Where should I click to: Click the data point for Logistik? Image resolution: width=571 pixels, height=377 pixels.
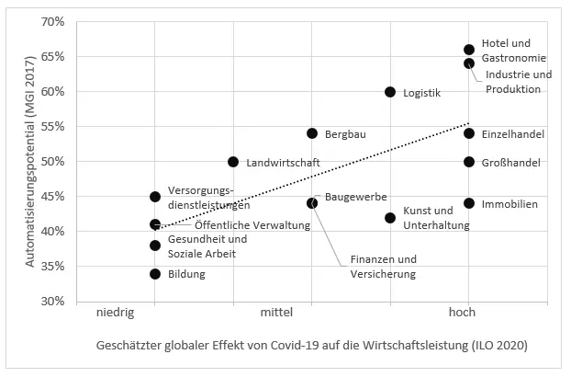(x=390, y=92)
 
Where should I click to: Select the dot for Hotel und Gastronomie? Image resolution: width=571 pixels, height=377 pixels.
(x=469, y=50)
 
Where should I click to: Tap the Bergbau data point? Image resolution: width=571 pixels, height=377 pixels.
(x=312, y=133)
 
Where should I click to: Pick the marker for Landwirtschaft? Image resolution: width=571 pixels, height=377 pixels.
(x=233, y=162)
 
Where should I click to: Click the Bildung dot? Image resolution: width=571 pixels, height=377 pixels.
(x=155, y=274)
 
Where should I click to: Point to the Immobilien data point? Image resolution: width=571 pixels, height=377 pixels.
(x=469, y=203)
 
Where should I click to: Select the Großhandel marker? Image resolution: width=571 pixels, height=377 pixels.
(x=469, y=162)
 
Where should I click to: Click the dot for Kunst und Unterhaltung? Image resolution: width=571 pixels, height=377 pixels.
(x=390, y=218)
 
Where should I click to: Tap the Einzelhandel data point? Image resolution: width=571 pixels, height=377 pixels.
(x=469, y=133)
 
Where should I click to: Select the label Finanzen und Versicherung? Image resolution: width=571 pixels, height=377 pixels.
(x=377, y=267)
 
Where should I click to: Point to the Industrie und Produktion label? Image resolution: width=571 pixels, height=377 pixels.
(x=519, y=82)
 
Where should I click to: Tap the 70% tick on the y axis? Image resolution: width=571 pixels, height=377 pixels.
(x=51, y=21)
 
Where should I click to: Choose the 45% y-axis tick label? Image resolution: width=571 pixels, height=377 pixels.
(x=51, y=197)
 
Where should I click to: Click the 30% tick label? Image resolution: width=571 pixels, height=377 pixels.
(x=51, y=302)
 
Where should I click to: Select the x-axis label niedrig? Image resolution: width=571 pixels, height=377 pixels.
(x=116, y=314)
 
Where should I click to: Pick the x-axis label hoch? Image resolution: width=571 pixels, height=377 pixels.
(x=462, y=314)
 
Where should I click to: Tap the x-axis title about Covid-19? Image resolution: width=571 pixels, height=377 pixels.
(x=311, y=347)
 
